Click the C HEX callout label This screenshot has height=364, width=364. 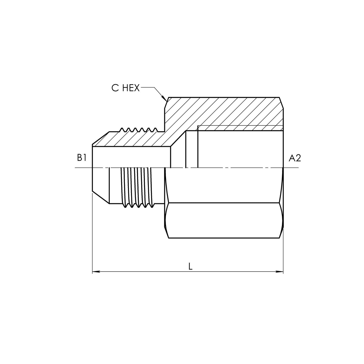click(125, 88)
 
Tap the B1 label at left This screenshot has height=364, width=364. click(82, 158)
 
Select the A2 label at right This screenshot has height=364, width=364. click(294, 158)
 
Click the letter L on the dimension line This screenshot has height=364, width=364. click(190, 267)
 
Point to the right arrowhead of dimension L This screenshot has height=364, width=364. click(280, 272)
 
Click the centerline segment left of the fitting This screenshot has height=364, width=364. click(83, 168)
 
